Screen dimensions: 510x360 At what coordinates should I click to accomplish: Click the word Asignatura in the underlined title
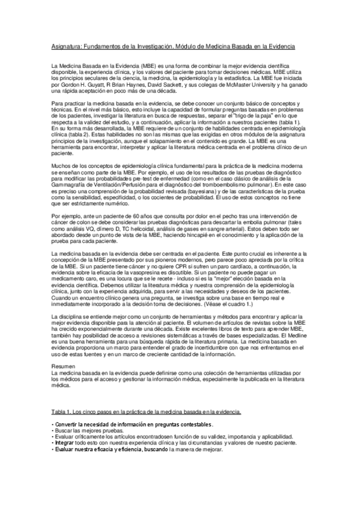click(x=65, y=46)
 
